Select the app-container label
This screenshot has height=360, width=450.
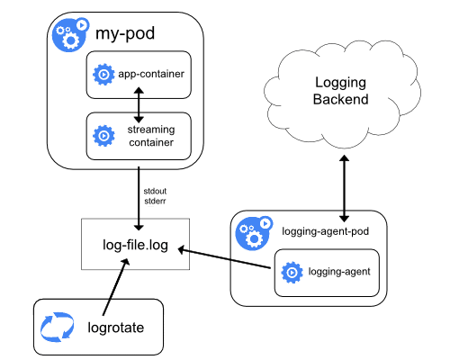click(x=151, y=73)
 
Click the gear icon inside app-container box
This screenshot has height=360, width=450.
click(x=103, y=73)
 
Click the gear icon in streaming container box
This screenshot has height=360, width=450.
click(x=103, y=136)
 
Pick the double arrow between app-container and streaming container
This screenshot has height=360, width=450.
click(x=139, y=104)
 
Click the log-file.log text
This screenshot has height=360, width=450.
click(x=135, y=243)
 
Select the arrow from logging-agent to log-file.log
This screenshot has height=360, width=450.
click(x=226, y=259)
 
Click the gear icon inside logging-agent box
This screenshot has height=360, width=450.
click(x=291, y=272)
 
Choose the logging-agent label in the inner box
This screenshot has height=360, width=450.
click(x=339, y=272)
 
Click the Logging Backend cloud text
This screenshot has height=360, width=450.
click(x=342, y=90)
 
